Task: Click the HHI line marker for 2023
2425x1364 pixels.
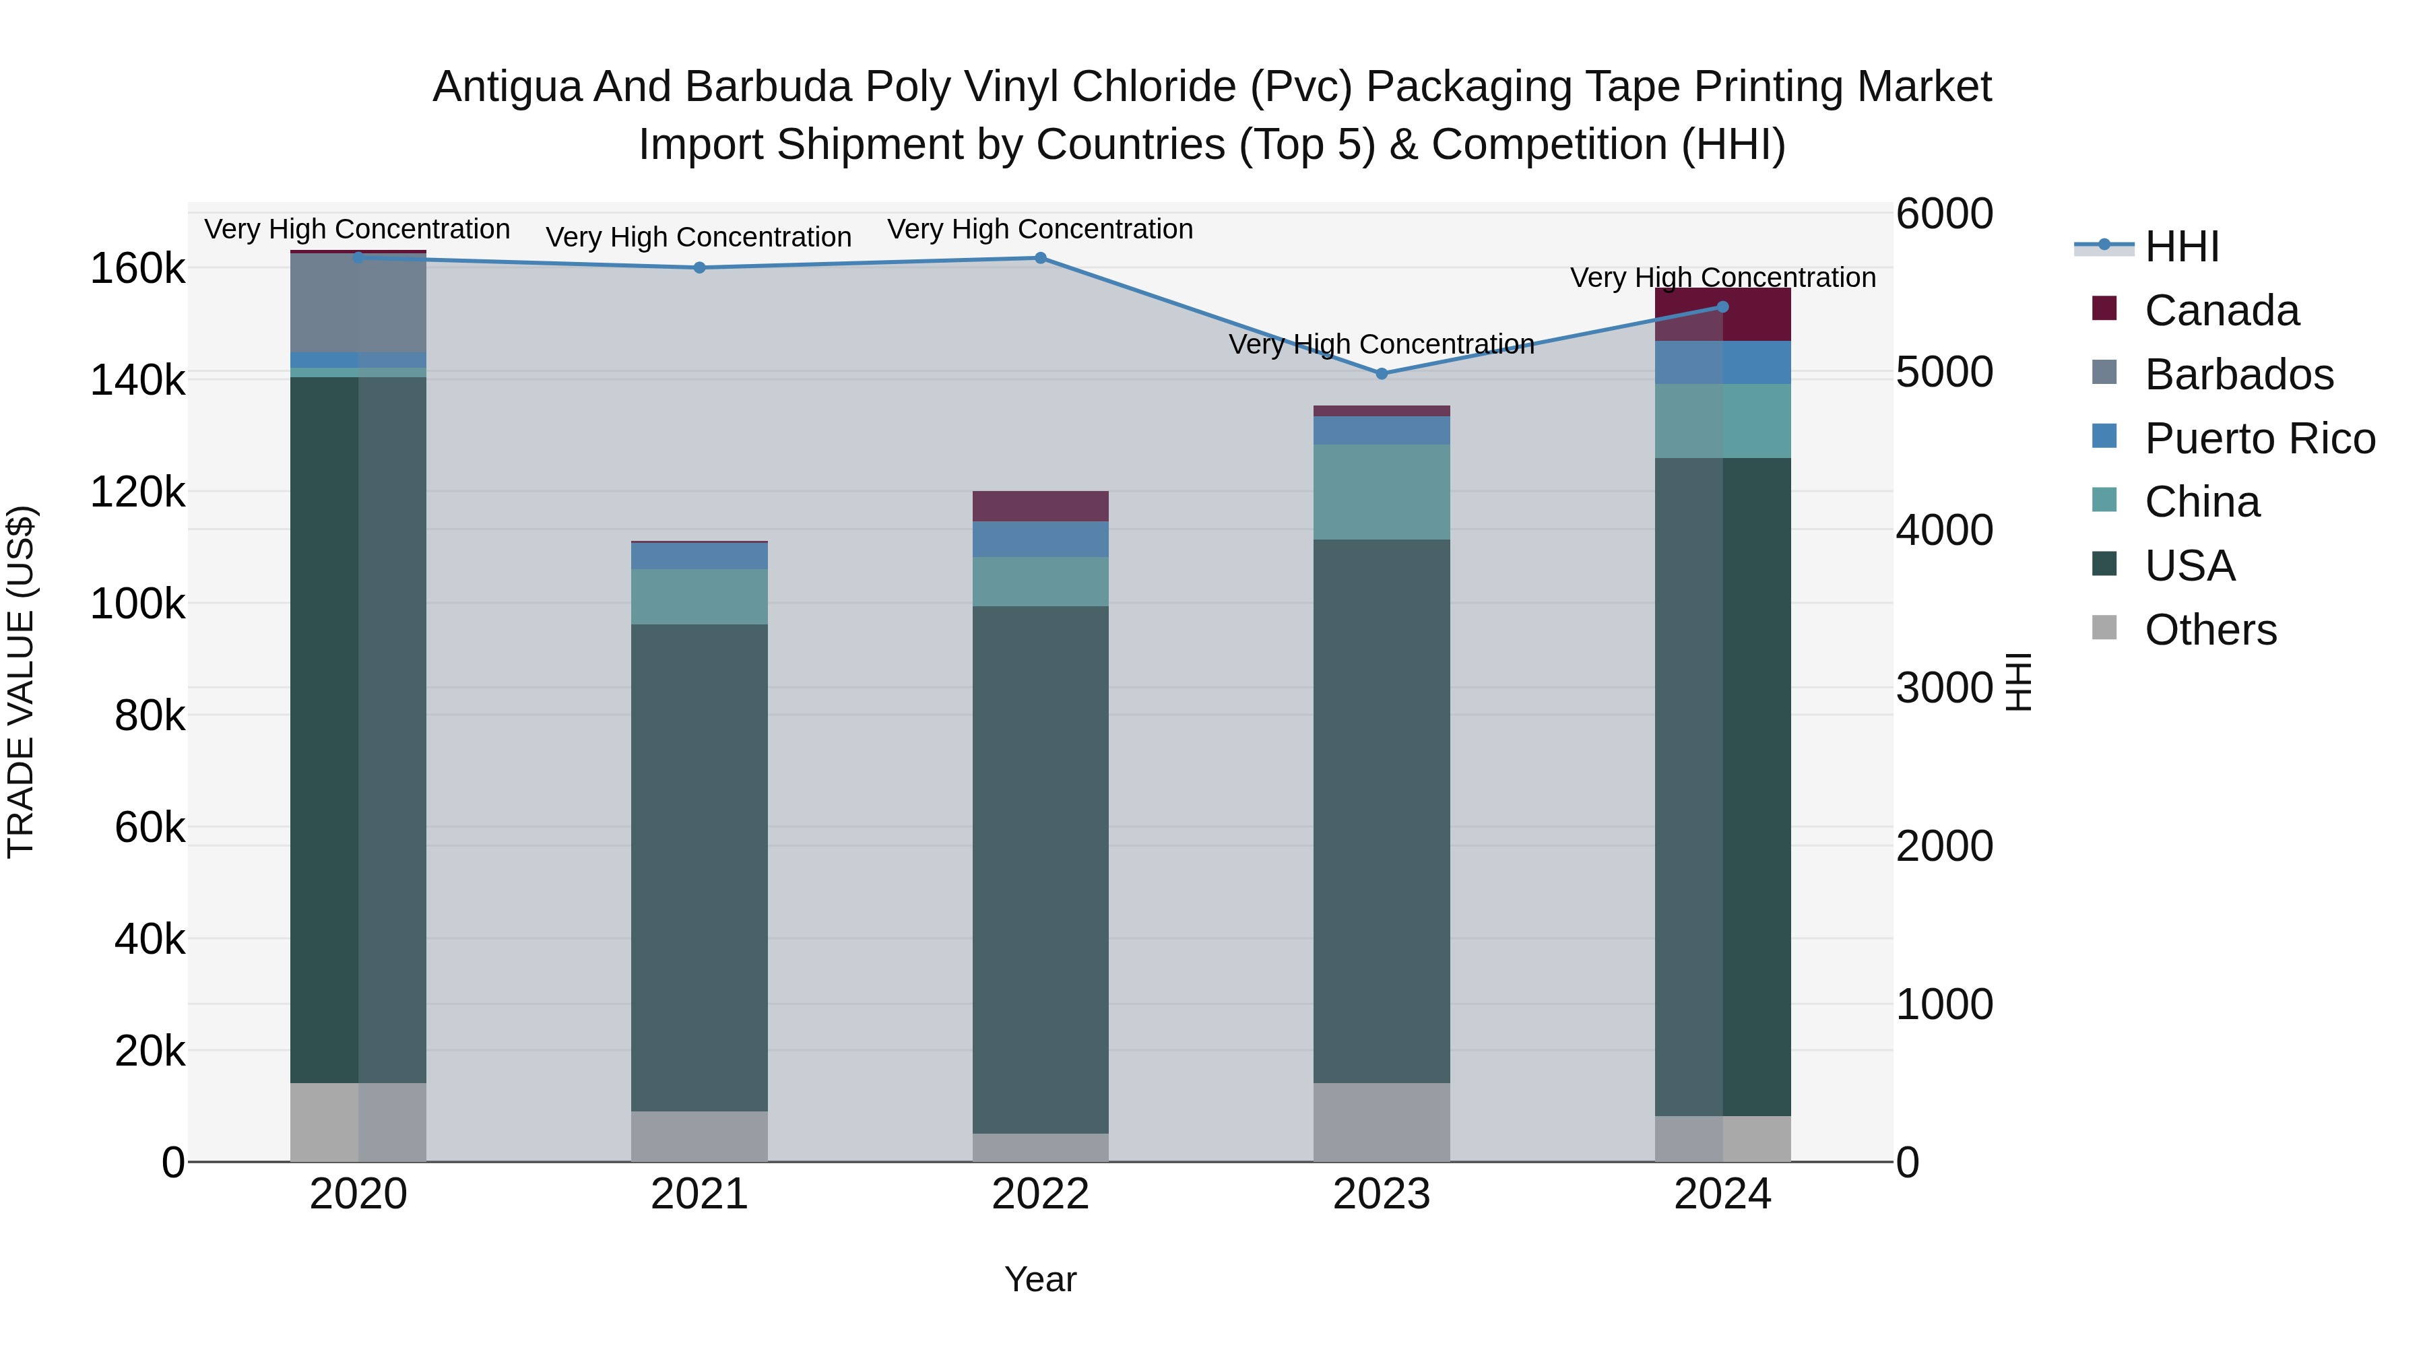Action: [x=1381, y=374]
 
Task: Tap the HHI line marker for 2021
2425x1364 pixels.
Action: [x=699, y=267]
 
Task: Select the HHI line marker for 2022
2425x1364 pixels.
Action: [x=1040, y=258]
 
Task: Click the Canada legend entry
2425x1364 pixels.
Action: [x=2221, y=311]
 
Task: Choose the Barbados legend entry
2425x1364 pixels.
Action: [x=2238, y=375]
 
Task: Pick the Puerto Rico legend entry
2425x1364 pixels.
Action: [x=2259, y=439]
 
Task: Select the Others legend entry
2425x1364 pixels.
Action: [x=2209, y=630]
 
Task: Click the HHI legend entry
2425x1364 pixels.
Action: [x=2181, y=247]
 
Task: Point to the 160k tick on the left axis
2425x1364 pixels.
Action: [x=137, y=269]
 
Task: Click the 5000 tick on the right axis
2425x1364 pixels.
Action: [x=1944, y=372]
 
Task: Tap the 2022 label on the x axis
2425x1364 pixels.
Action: [x=1040, y=1194]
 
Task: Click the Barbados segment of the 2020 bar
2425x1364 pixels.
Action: [x=358, y=303]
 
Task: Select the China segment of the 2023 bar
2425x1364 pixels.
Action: [x=1381, y=492]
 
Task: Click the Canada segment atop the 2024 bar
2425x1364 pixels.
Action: [x=1722, y=315]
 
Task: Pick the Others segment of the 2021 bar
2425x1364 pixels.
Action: [x=699, y=1136]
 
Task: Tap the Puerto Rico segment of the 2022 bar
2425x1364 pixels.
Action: [x=1040, y=540]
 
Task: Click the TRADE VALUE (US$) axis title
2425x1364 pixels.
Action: [x=21, y=682]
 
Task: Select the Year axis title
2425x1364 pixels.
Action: [x=1040, y=1279]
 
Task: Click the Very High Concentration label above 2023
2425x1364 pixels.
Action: [x=1381, y=344]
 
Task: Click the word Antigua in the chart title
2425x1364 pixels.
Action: [x=504, y=87]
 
